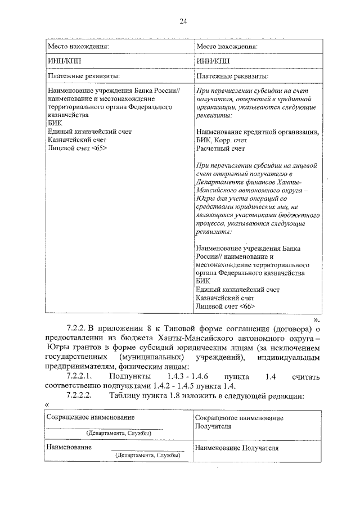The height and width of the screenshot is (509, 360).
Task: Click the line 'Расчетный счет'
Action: [220, 149]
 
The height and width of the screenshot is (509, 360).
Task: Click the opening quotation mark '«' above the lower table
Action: [46, 406]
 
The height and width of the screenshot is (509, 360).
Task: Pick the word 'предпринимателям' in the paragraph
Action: [80, 364]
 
